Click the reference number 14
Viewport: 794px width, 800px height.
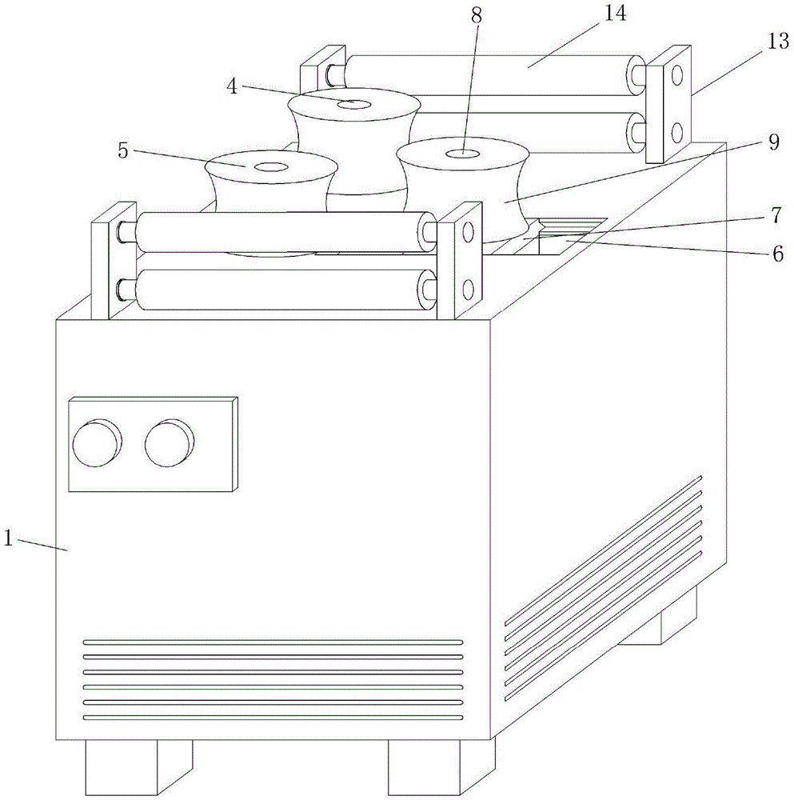(x=615, y=14)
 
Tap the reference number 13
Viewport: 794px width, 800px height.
(x=778, y=42)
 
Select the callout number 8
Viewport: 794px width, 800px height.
(x=476, y=16)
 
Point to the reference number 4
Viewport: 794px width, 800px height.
(x=232, y=86)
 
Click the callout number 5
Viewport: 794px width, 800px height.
(x=123, y=150)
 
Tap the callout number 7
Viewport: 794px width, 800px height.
(x=775, y=215)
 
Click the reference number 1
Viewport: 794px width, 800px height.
(x=8, y=538)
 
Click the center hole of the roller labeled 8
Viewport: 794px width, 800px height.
(x=462, y=153)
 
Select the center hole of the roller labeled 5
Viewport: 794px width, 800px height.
(x=271, y=167)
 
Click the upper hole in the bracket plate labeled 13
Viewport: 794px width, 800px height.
(x=676, y=75)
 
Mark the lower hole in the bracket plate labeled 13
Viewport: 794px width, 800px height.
(x=676, y=133)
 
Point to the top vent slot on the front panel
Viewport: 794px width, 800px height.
(x=273, y=642)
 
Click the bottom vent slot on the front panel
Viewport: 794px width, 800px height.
(x=273, y=718)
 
